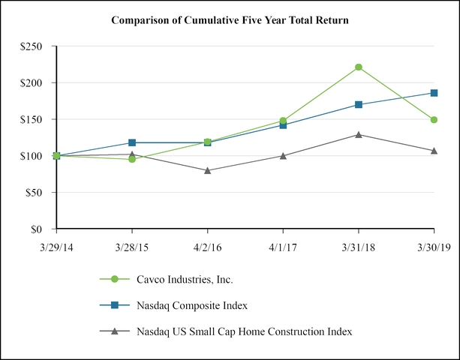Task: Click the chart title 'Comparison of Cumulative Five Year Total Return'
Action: (230, 20)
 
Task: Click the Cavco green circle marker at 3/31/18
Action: (359, 67)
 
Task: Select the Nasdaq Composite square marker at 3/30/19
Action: (434, 93)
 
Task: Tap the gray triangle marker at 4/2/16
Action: (207, 170)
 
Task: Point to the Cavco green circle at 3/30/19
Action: (434, 120)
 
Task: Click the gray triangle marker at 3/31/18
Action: (359, 135)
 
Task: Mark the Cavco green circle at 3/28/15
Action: (132, 159)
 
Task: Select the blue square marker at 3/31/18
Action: (359, 104)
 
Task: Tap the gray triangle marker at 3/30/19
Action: (434, 151)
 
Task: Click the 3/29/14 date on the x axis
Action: (56, 245)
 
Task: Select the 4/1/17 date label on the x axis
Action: (283, 245)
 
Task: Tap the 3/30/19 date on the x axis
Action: (434, 245)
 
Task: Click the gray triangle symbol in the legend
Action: (115, 330)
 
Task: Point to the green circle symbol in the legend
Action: (115, 279)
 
